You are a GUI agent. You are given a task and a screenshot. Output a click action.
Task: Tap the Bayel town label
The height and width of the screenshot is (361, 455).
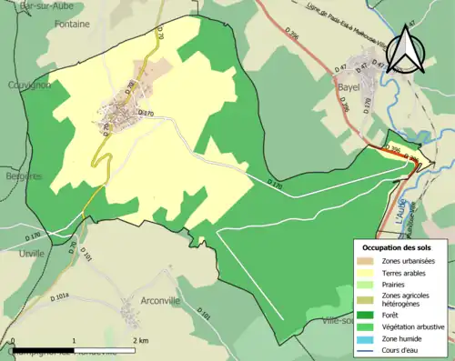click(349, 87)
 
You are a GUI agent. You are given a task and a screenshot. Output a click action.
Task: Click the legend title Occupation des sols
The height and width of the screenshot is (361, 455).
click(397, 246)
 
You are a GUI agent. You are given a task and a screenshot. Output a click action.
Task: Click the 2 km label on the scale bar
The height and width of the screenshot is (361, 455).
click(140, 340)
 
